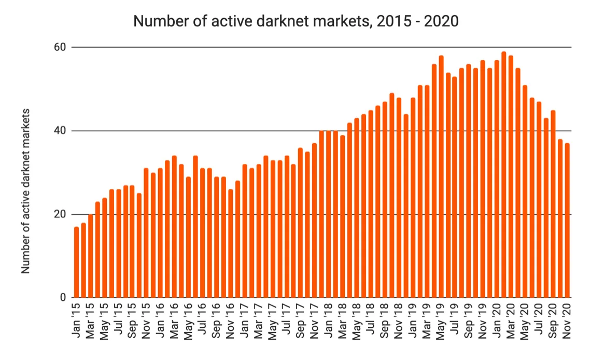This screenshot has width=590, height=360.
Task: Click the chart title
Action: pos(296,21)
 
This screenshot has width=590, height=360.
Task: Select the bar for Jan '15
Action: pos(77,262)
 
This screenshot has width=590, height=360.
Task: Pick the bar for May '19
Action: pos(441,177)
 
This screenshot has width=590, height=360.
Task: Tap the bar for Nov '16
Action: pos(231,243)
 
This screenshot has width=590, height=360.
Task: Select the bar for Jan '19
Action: pos(413,198)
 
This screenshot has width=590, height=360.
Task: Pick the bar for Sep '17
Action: pos(301,223)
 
